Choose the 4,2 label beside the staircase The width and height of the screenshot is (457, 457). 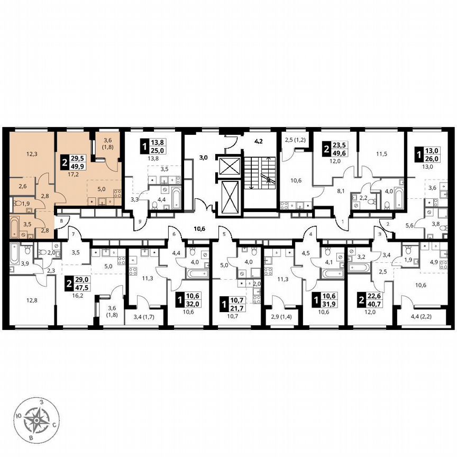click(x=259, y=142)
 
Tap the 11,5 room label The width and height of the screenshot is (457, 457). click(x=381, y=154)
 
